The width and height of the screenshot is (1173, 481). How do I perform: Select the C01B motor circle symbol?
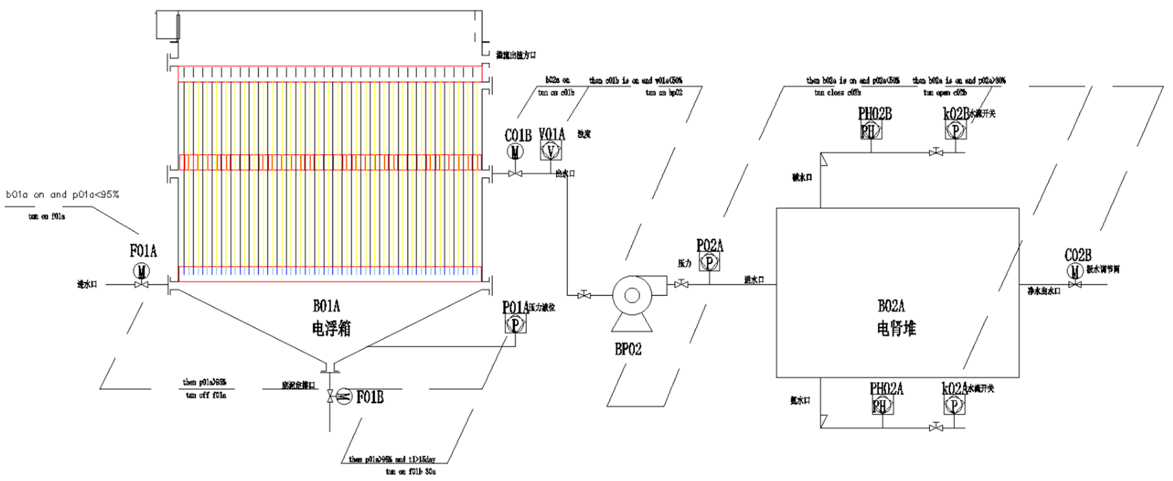tap(516, 152)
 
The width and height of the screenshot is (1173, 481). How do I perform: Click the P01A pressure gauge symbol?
tap(516, 323)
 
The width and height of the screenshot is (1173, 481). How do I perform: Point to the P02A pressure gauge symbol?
tap(709, 262)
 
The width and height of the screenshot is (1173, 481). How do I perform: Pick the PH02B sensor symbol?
tap(869, 131)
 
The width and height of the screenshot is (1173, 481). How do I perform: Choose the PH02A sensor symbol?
tap(880, 406)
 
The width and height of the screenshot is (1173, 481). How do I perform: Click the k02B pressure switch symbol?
tap(955, 131)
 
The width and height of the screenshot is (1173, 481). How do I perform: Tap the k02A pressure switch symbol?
tap(953, 406)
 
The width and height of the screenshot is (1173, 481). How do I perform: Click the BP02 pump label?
tap(627, 349)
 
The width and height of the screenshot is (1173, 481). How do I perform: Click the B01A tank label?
tap(327, 306)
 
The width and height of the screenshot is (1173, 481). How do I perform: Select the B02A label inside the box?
tap(891, 306)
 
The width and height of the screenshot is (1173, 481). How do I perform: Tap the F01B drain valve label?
tap(370, 397)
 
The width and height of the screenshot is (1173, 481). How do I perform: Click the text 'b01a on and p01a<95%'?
tap(62, 194)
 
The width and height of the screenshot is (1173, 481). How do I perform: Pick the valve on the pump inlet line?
tap(584, 296)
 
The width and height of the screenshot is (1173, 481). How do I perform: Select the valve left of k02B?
tap(936, 153)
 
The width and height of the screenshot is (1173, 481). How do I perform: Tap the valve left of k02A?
tap(936, 428)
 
